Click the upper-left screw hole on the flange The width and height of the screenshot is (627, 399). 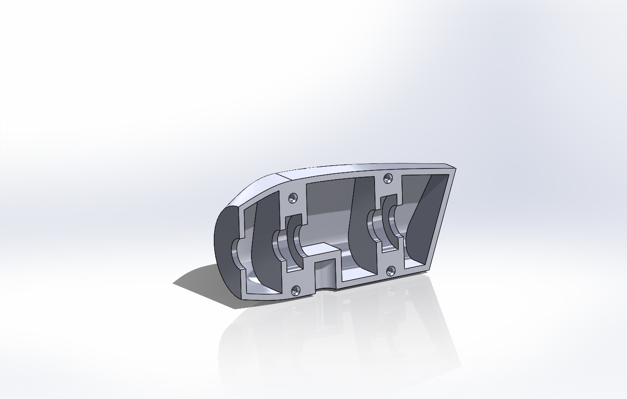(293, 197)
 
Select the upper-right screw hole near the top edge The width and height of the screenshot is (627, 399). (388, 178)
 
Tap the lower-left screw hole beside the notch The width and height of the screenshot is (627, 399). (295, 291)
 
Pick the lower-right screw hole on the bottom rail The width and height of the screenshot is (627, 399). (390, 270)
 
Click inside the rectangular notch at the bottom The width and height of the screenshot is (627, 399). (326, 275)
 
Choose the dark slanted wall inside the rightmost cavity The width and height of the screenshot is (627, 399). (422, 219)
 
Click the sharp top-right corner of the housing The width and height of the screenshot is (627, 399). (455, 169)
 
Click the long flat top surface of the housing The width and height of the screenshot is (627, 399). (363, 168)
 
